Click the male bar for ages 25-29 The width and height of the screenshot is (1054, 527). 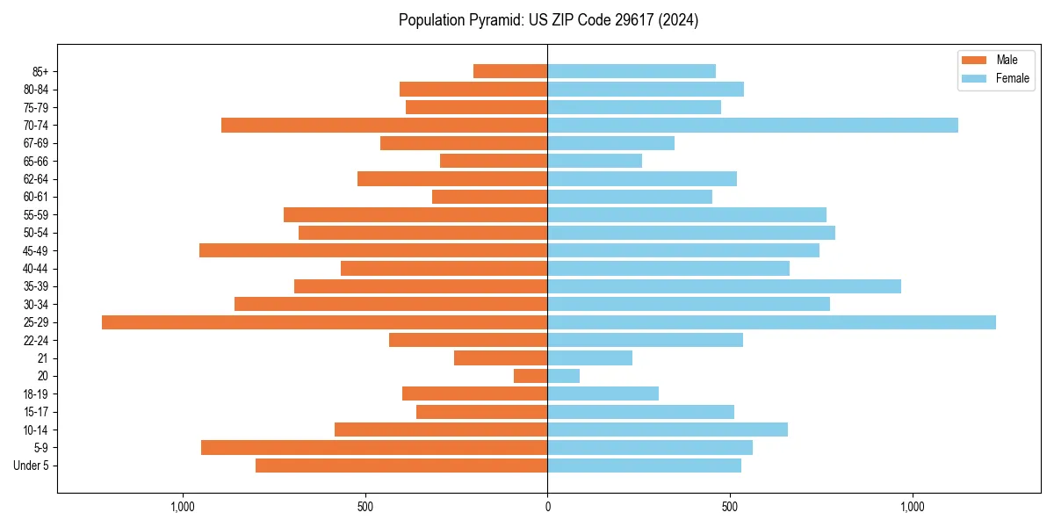click(x=325, y=322)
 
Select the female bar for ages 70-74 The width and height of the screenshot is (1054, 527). click(x=753, y=126)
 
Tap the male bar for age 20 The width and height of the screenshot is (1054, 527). click(x=531, y=376)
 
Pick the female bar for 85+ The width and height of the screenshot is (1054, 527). click(x=632, y=71)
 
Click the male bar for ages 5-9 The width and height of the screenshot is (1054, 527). click(x=374, y=448)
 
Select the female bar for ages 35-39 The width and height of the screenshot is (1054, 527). click(x=724, y=286)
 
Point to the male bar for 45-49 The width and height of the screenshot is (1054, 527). click(x=373, y=250)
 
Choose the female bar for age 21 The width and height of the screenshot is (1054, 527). click(x=589, y=358)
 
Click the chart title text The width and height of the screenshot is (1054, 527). click(x=548, y=20)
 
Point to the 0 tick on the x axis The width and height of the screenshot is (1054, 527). click(x=547, y=507)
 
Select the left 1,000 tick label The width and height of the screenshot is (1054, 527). click(x=182, y=507)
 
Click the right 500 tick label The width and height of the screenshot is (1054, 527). click(x=730, y=507)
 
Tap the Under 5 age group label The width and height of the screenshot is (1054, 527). click(x=31, y=466)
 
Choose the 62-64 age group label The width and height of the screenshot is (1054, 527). click(x=36, y=179)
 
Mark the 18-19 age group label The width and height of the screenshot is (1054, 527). click(x=36, y=394)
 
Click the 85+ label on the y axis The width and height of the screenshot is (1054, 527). click(x=40, y=71)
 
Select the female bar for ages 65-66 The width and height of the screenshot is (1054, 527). click(x=595, y=161)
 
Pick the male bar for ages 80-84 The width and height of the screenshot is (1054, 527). click(x=473, y=90)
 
